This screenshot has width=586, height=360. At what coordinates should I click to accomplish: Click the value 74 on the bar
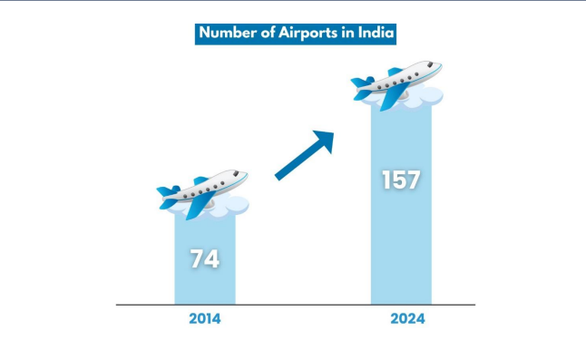pyautogui.click(x=205, y=258)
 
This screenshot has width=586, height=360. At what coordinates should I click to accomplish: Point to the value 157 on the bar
pyautogui.click(x=400, y=179)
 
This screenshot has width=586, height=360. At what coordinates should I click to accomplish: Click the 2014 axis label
pyautogui.click(x=205, y=319)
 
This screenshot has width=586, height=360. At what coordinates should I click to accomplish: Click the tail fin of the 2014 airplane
pyautogui.click(x=169, y=193)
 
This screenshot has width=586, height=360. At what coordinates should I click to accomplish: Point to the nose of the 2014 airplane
pyautogui.click(x=244, y=172)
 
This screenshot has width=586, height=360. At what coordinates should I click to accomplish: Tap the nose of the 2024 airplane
pyautogui.click(x=438, y=65)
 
